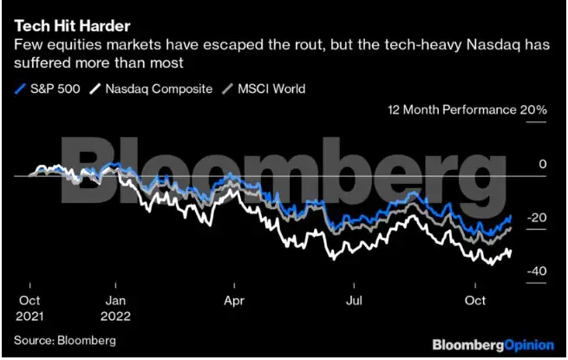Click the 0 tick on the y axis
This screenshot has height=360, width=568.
click(x=542, y=164)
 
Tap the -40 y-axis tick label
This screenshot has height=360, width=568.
click(x=538, y=272)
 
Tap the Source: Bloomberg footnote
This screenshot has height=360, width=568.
click(x=64, y=339)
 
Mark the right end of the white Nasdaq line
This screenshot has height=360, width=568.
click(x=511, y=251)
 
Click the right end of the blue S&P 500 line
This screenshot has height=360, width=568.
click(x=511, y=216)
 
